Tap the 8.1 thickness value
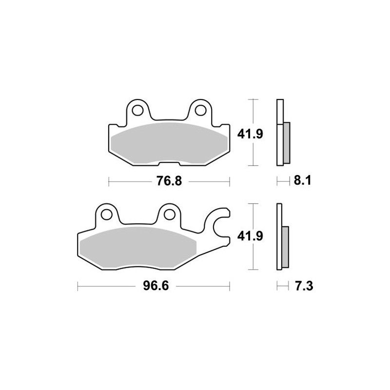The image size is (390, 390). point(302,181)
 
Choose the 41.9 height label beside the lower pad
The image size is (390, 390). point(250,237)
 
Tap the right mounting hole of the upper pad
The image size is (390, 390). point(200,110)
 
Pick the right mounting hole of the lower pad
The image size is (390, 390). point(170,214)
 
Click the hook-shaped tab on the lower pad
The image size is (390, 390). point(219,224)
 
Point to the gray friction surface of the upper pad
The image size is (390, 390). point(168,142)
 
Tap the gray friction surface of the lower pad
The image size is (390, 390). point(139,246)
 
